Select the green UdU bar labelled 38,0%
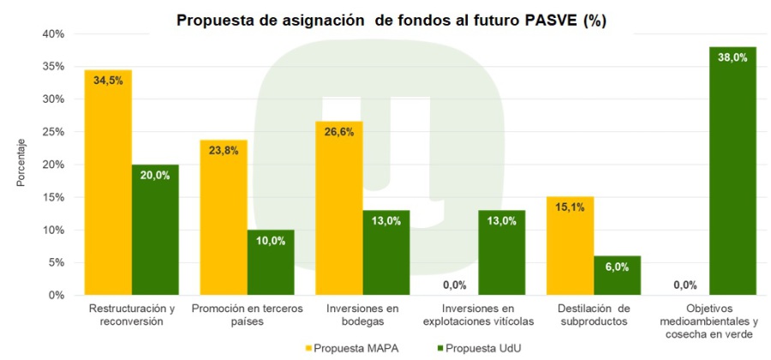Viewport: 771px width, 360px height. coord(732,171)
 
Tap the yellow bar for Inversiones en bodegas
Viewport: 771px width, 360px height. coord(338,210)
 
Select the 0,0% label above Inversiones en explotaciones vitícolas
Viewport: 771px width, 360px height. coord(454,285)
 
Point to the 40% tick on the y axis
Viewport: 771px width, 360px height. coord(54,33)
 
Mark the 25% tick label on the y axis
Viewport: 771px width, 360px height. coord(54,132)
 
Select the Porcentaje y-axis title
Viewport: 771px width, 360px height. coord(21,164)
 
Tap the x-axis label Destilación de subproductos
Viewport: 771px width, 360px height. coord(593,315)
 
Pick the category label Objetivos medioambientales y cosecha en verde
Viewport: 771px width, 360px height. coord(708,321)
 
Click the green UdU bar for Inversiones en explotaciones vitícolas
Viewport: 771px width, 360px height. coord(502,253)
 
